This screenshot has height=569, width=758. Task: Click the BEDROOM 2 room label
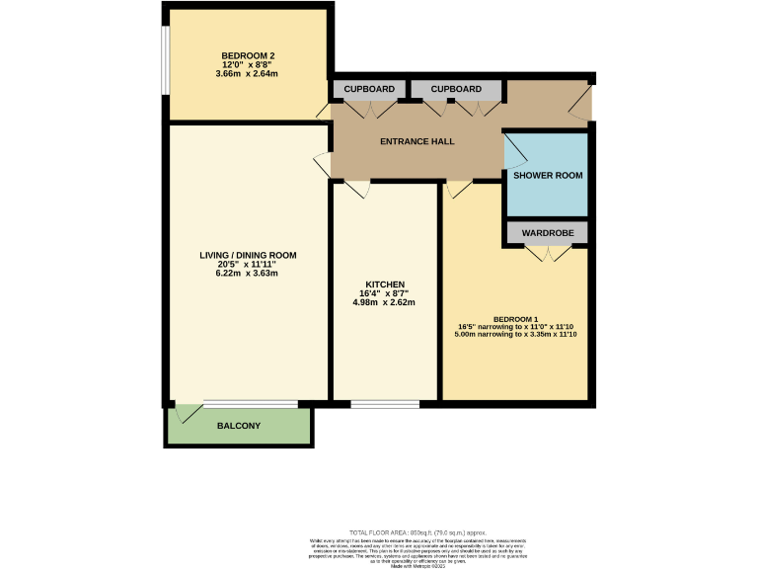tap(248, 54)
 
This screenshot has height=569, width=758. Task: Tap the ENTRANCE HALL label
tap(417, 141)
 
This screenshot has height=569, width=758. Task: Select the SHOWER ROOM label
tap(548, 175)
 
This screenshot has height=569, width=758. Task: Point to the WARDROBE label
tap(548, 234)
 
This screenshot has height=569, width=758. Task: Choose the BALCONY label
tap(238, 426)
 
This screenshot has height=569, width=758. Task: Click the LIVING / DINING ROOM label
tap(248, 255)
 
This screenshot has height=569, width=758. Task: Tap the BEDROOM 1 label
tap(515, 319)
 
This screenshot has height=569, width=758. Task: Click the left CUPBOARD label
tap(369, 89)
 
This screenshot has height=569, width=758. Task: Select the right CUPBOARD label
tap(456, 89)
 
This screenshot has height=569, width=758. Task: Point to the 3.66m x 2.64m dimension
tap(248, 73)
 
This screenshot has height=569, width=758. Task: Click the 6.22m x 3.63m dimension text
tap(248, 273)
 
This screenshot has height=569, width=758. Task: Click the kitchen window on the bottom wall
tap(384, 403)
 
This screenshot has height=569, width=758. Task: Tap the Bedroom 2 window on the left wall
tap(165, 58)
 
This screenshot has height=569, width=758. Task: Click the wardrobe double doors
tap(548, 254)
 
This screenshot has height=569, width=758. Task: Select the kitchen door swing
tap(357, 189)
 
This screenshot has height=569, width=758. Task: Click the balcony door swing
tap(181, 412)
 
